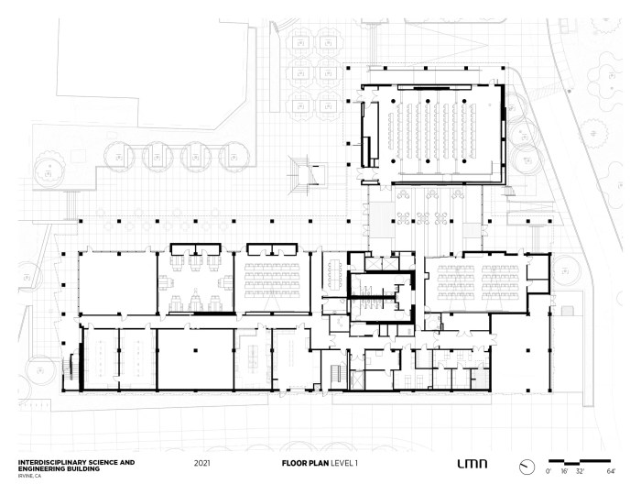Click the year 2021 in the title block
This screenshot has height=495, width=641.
(202, 463)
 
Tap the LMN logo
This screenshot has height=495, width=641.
(473, 464)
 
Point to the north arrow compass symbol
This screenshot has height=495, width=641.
(527, 467)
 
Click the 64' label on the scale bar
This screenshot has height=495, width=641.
(611, 471)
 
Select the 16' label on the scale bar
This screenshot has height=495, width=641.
(564, 471)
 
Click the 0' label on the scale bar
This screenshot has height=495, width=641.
(549, 471)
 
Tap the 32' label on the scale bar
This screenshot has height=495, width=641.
(580, 471)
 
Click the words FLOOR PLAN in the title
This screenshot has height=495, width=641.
(305, 463)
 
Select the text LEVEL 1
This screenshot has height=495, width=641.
(343, 463)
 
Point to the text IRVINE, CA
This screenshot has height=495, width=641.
(29, 476)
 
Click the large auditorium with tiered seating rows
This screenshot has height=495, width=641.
(433, 135)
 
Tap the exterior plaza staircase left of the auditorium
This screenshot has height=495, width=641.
(308, 175)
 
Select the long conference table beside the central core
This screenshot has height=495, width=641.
(336, 273)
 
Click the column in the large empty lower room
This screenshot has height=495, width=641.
(196, 350)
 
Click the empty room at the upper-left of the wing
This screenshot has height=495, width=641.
(118, 283)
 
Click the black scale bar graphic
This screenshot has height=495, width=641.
(580, 462)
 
